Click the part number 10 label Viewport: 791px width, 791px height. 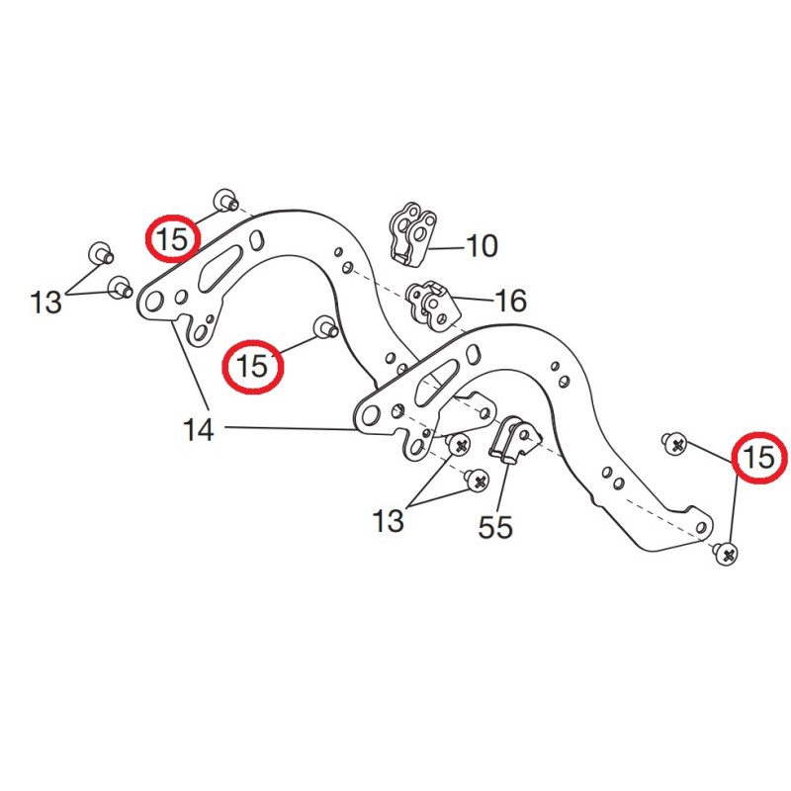click(482, 245)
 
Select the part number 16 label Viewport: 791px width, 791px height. click(510, 300)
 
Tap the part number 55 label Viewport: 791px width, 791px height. click(495, 527)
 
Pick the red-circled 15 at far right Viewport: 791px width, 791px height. click(759, 458)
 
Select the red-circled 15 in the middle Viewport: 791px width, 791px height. click(252, 367)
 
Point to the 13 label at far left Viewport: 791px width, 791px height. click(45, 302)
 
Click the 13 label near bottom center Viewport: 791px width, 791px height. click(388, 520)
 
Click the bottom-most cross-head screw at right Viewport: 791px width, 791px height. click(727, 555)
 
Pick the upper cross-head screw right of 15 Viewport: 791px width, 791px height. click(676, 445)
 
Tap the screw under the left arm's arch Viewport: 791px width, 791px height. click(323, 327)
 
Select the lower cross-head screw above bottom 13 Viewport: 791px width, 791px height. click(478, 482)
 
